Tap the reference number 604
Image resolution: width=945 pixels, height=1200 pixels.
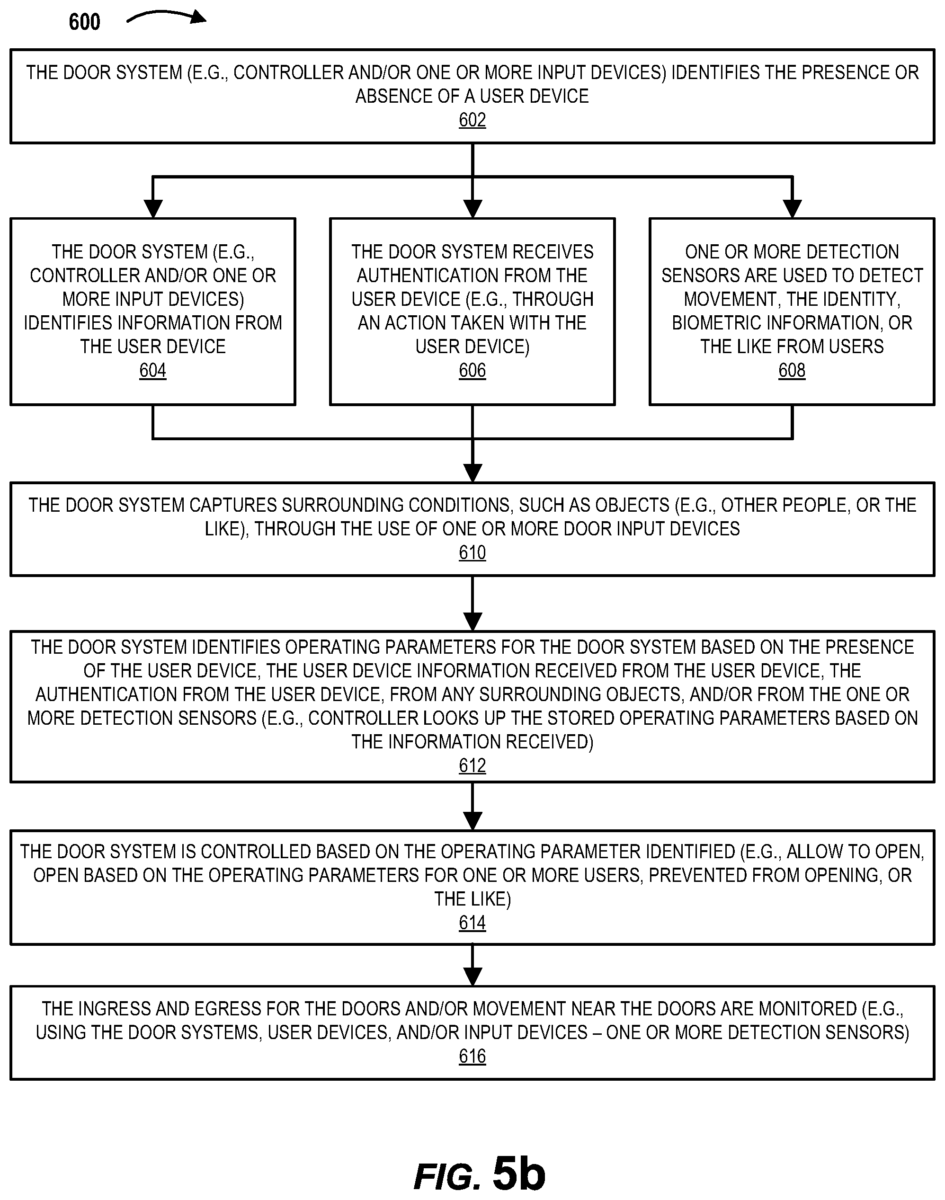[x=153, y=370]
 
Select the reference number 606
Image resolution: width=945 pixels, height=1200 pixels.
[x=472, y=370]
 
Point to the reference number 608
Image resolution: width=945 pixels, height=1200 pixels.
[x=792, y=370]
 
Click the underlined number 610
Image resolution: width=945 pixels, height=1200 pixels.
[x=472, y=552]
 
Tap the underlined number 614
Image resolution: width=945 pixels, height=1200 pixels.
[x=472, y=922]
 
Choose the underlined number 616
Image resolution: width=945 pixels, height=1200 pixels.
[x=472, y=1056]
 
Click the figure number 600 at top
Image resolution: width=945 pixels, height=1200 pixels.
[x=85, y=22]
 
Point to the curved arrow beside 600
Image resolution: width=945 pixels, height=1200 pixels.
[x=166, y=15]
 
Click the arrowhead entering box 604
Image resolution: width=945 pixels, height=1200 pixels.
[x=153, y=209]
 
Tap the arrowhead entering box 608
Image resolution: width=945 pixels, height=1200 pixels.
[x=792, y=209]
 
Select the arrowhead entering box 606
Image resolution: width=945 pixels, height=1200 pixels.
[x=472, y=209]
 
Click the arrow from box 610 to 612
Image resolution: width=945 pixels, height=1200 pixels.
[x=472, y=603]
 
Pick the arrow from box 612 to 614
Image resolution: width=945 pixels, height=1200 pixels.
[x=472, y=806]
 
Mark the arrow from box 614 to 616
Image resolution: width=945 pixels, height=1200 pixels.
[x=472, y=965]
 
